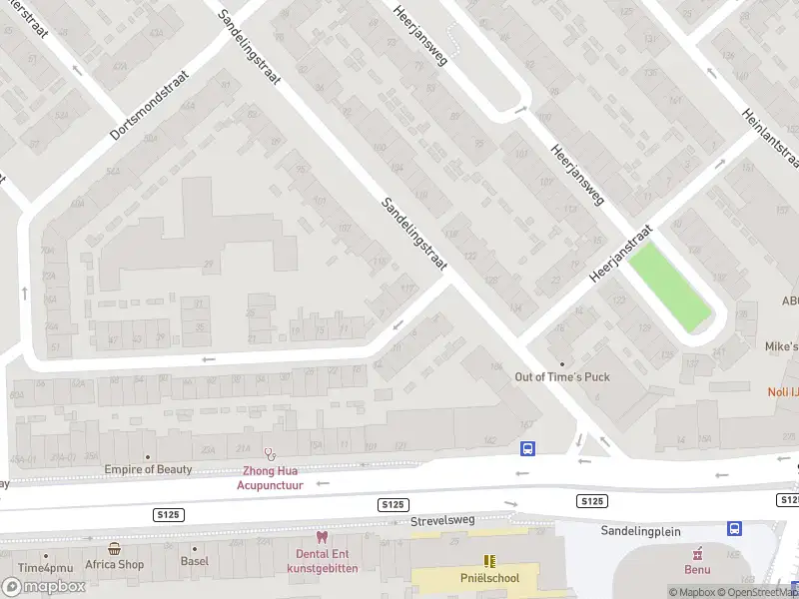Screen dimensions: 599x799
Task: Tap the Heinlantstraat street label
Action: (x=769, y=139)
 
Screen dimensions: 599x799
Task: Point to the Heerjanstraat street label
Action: (x=620, y=253)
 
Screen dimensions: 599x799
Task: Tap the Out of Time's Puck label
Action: (x=561, y=376)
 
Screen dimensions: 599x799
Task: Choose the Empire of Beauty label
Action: (x=148, y=469)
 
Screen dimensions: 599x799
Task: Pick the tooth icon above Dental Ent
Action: (x=321, y=537)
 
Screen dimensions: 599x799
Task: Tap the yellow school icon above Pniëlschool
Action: (x=489, y=561)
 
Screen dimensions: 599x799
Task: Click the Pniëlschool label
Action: (x=489, y=578)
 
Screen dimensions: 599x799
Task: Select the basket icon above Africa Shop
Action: (x=114, y=549)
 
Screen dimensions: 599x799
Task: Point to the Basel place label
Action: (x=194, y=563)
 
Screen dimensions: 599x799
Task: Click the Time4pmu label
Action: (x=44, y=569)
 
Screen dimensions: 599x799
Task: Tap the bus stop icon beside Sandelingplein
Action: (x=735, y=528)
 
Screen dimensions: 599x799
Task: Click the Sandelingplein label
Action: (x=647, y=531)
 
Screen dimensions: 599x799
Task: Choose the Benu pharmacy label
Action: (x=697, y=570)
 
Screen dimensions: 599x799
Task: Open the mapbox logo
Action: (x=44, y=587)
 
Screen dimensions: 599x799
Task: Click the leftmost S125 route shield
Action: (x=168, y=513)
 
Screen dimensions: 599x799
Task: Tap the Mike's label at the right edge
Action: (x=781, y=346)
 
